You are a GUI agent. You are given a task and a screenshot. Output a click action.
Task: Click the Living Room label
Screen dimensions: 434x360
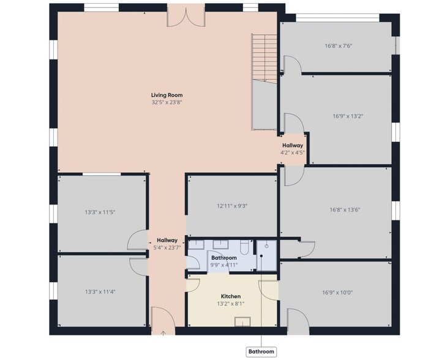coord(166,95)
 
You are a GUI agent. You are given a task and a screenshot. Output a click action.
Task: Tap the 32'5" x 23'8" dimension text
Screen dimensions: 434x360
coord(166,102)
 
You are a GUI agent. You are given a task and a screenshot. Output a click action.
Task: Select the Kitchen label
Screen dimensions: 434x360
coord(231,296)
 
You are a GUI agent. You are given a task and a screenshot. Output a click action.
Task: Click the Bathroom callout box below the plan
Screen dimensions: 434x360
coord(261,351)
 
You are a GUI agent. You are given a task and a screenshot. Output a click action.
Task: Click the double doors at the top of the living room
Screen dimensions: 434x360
coord(187,16)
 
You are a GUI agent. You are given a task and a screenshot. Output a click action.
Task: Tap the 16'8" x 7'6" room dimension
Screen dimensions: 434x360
coord(339,46)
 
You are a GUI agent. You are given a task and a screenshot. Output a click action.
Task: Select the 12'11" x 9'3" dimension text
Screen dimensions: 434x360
coord(232,206)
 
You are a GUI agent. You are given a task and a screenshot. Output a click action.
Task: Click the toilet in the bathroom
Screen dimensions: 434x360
coord(245,247)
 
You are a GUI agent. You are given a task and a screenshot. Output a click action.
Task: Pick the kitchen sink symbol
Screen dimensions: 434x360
coord(243,322)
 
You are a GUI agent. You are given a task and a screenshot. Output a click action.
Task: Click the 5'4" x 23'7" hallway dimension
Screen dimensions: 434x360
coord(167,247)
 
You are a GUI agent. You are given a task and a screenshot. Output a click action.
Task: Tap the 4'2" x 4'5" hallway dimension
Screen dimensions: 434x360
coord(293,152)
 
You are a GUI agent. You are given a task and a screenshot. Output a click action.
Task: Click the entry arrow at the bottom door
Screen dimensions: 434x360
coord(163,333)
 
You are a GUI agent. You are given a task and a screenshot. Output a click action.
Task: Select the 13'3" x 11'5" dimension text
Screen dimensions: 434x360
coord(100,212)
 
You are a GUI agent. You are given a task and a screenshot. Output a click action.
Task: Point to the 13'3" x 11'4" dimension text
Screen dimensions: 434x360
coord(100,291)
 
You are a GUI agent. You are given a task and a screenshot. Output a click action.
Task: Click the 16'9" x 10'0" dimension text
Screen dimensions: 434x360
coord(337,292)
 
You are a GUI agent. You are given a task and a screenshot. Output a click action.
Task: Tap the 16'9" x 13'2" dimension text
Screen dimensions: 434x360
coord(348,116)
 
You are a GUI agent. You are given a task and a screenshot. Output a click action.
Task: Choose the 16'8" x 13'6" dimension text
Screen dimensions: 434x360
coord(345,209)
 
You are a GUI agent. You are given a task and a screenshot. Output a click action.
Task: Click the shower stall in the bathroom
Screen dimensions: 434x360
coord(266,255)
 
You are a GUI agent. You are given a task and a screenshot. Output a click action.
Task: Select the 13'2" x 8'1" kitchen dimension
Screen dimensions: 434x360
coord(231,304)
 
